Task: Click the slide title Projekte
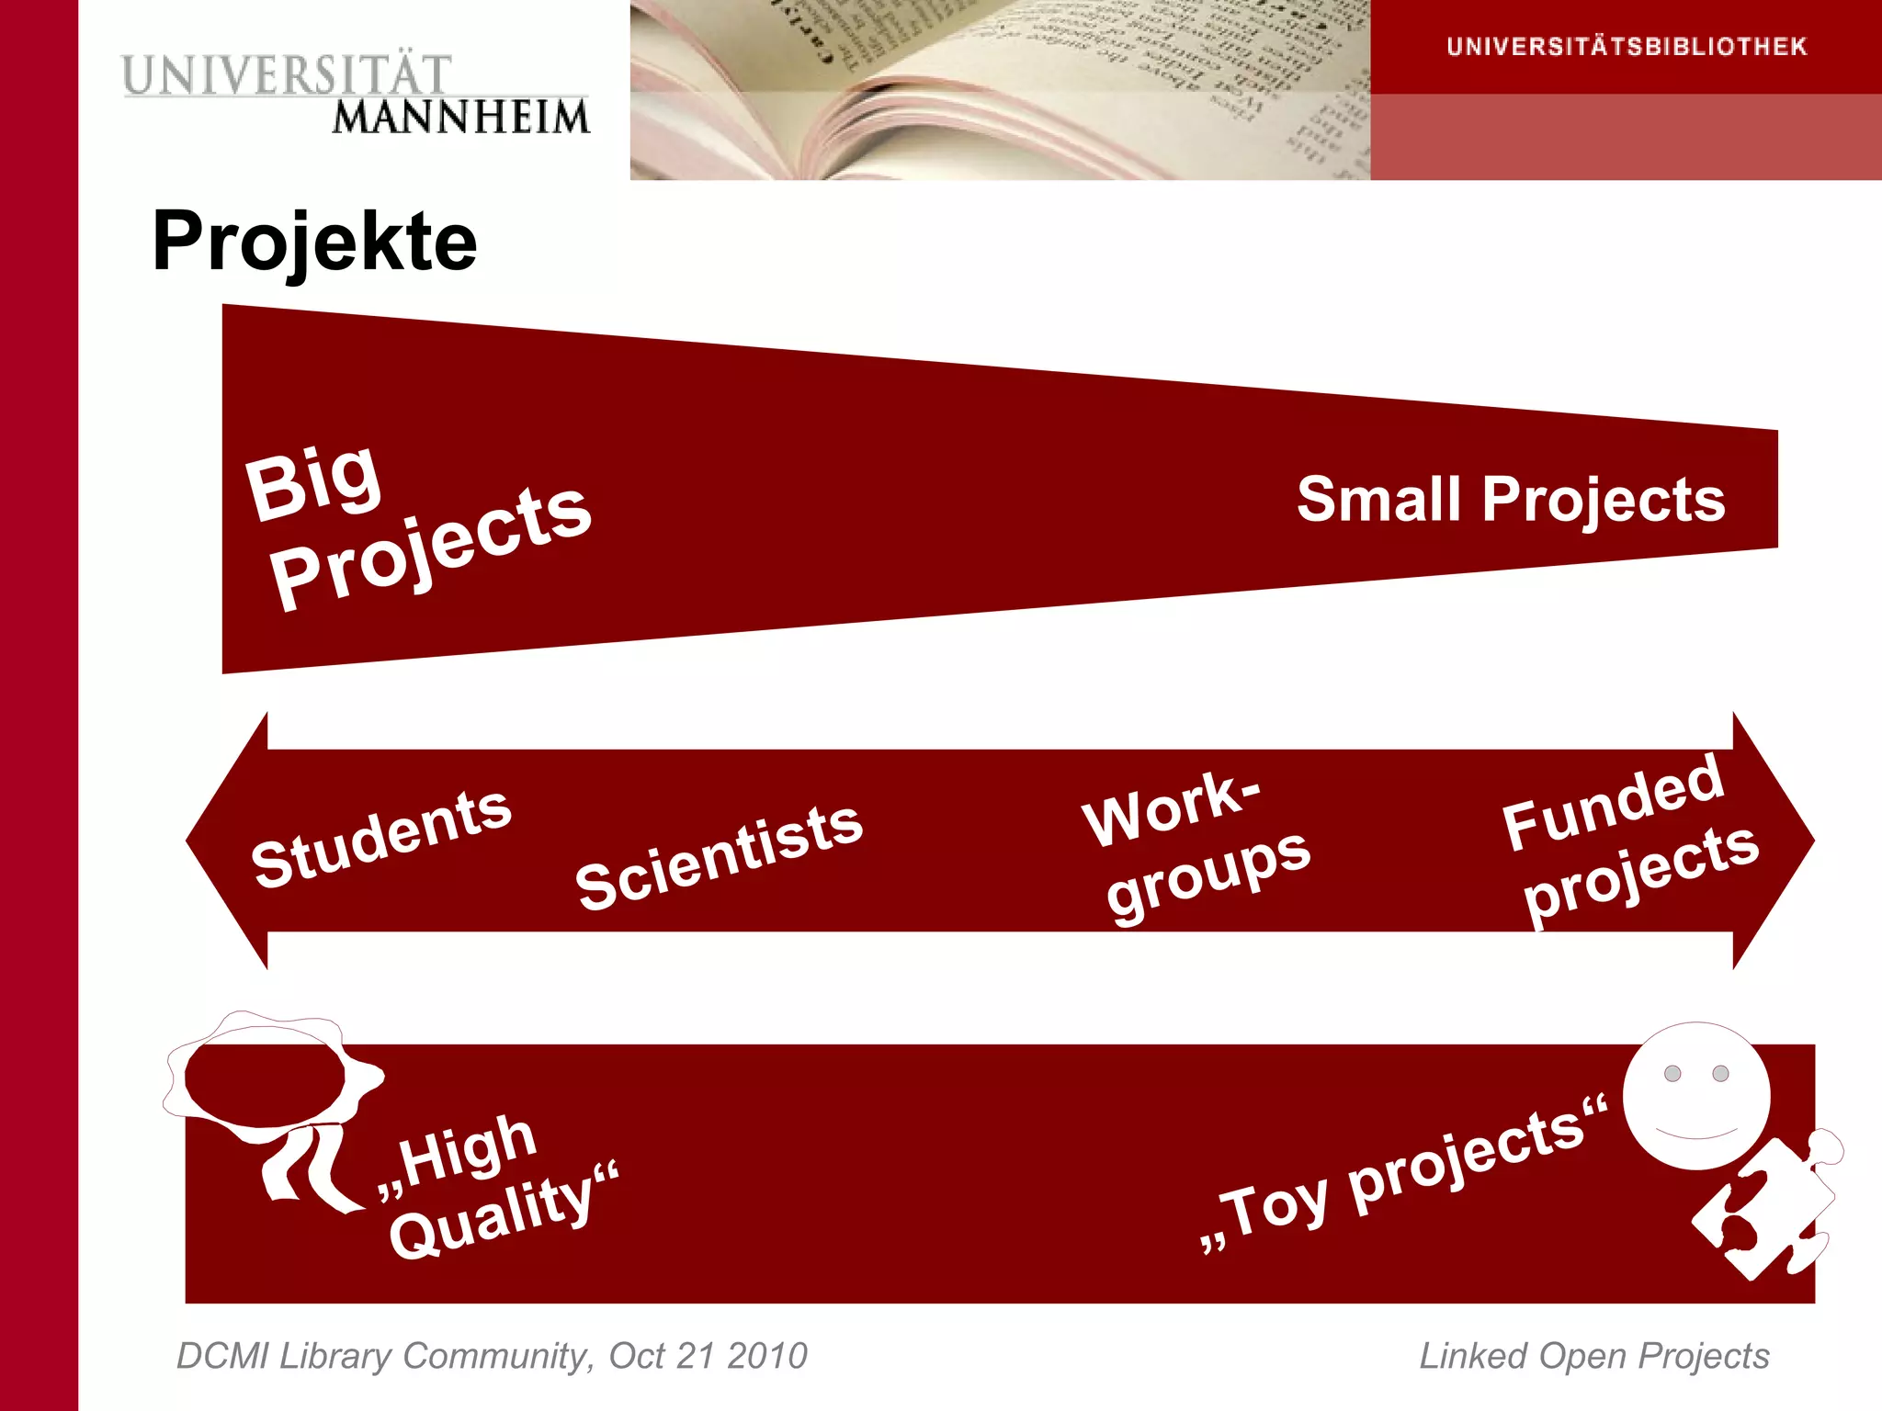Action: coord(314,241)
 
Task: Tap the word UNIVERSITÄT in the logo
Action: coord(286,75)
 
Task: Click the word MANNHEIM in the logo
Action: coord(460,118)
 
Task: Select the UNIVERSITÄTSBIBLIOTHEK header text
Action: coord(1626,47)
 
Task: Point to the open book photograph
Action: coord(1000,90)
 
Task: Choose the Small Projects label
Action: coord(1511,500)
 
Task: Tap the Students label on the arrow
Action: coord(380,838)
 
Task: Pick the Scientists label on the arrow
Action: coord(719,856)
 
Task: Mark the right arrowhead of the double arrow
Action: coord(1774,841)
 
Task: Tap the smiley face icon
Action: coord(1696,1096)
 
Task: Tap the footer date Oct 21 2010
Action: coord(708,1356)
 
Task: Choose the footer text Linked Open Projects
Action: coord(1594,1356)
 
